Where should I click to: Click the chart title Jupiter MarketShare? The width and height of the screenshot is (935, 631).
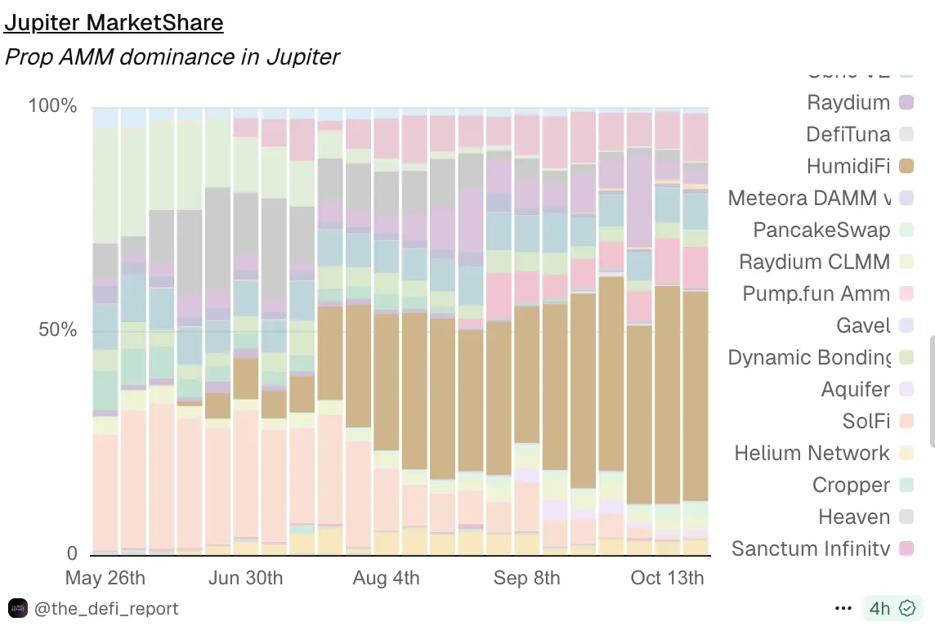(x=114, y=23)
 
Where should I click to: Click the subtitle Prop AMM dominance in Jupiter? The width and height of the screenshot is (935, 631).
(x=172, y=57)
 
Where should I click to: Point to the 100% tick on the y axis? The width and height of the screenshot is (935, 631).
(x=53, y=106)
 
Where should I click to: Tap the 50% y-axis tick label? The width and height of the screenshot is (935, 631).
(x=57, y=330)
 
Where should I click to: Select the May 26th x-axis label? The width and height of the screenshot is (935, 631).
(x=105, y=578)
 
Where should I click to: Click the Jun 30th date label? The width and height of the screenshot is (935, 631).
(x=245, y=578)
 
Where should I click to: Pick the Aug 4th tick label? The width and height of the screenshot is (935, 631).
(x=386, y=578)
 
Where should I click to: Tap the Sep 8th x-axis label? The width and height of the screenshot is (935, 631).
(x=526, y=578)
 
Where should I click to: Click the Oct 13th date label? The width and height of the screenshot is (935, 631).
(x=667, y=578)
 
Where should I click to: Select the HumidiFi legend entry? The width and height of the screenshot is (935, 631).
(x=848, y=166)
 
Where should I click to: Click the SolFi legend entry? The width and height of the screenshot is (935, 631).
(x=866, y=421)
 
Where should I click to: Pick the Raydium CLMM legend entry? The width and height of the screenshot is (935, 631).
(x=814, y=262)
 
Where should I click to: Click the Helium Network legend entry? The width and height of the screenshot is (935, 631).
(x=812, y=453)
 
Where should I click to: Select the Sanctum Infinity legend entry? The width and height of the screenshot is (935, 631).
(x=810, y=548)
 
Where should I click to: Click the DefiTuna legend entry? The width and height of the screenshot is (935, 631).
(x=848, y=134)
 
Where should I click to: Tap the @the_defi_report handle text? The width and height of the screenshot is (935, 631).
(x=106, y=609)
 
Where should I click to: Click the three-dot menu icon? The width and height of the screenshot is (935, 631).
(x=843, y=609)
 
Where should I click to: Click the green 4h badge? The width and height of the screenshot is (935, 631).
(x=891, y=609)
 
